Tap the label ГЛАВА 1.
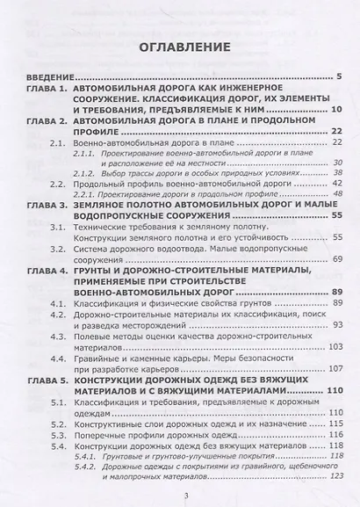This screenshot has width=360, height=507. tap(36, 91)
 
